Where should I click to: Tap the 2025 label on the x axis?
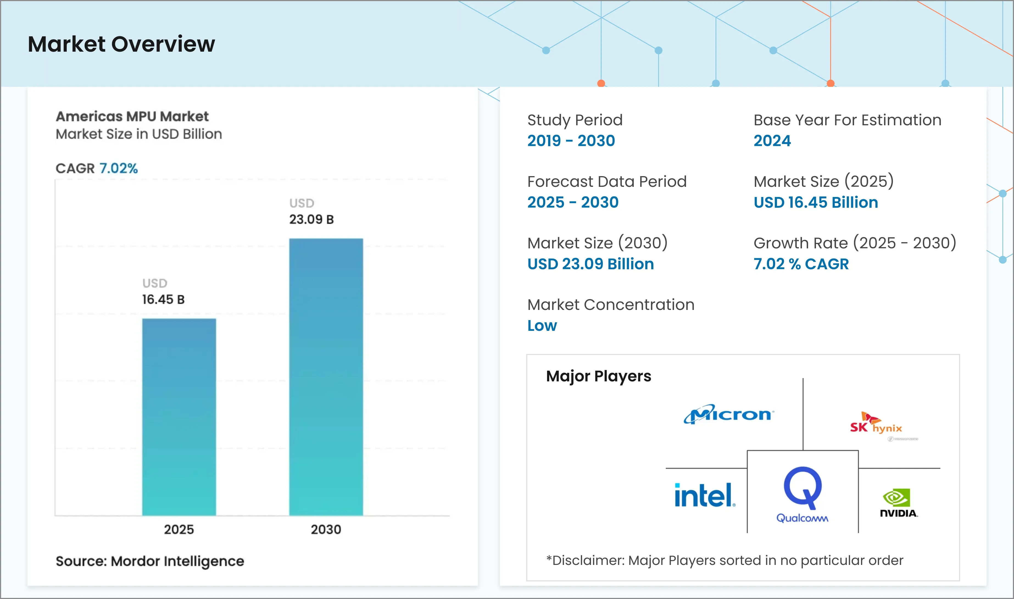(179, 529)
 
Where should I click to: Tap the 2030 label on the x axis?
(326, 529)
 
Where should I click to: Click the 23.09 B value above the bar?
(311, 219)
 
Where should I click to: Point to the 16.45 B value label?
(163, 299)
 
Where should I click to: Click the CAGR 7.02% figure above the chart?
(118, 168)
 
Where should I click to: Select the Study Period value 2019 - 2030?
(571, 140)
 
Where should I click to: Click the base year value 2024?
(772, 140)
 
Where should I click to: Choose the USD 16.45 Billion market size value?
(815, 202)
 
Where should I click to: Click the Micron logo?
(728, 414)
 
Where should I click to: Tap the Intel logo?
(704, 495)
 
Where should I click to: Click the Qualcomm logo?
(802, 495)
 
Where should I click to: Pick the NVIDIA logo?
(898, 503)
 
